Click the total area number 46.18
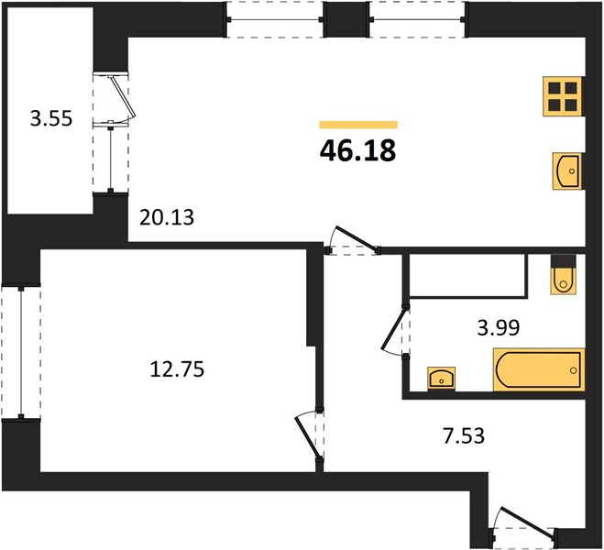(x=357, y=150)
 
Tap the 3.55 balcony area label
(x=51, y=118)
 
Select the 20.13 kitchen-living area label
(x=167, y=217)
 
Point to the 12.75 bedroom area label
(x=177, y=369)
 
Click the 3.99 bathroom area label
(x=499, y=328)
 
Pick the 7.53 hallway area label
(x=464, y=436)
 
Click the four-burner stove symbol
(x=563, y=96)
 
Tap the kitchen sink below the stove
(x=567, y=171)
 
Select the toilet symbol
(x=564, y=274)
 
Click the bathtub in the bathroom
(x=539, y=369)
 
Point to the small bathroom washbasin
(x=442, y=379)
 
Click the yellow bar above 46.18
(x=358, y=125)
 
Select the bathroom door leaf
(x=394, y=328)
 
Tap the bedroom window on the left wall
(x=21, y=352)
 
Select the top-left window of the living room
(x=275, y=19)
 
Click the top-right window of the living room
(x=418, y=19)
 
